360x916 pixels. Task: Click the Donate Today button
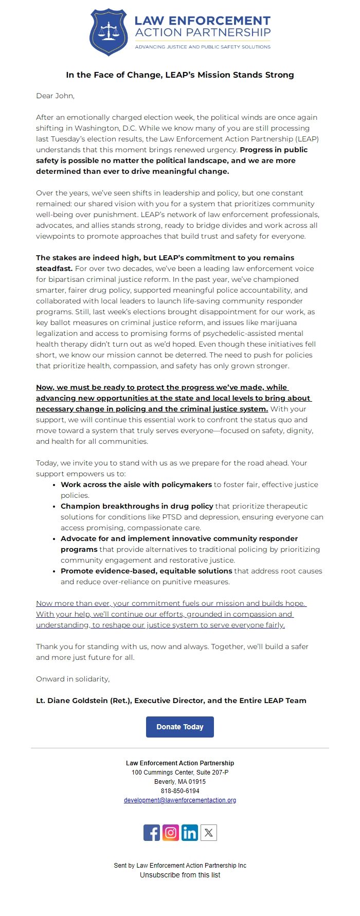(x=179, y=727)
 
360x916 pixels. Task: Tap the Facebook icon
(x=152, y=832)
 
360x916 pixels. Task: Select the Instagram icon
(x=171, y=832)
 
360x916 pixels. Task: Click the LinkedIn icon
(x=189, y=832)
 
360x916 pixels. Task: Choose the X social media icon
(x=208, y=832)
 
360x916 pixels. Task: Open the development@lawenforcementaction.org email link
(x=179, y=800)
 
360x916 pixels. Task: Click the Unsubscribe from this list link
(x=179, y=874)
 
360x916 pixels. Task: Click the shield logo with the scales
(x=108, y=32)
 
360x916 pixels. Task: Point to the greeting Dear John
(x=55, y=96)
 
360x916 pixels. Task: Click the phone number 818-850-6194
(x=179, y=791)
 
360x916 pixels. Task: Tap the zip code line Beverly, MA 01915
(x=179, y=781)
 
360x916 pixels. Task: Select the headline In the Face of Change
(x=179, y=75)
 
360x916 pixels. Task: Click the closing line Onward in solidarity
(x=73, y=679)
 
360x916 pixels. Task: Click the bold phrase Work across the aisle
(x=136, y=484)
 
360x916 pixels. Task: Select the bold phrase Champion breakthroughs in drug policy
(x=137, y=506)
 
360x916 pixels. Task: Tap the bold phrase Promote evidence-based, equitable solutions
(x=146, y=571)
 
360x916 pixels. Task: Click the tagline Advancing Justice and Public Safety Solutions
(x=202, y=47)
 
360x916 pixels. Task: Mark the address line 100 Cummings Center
(x=179, y=772)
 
